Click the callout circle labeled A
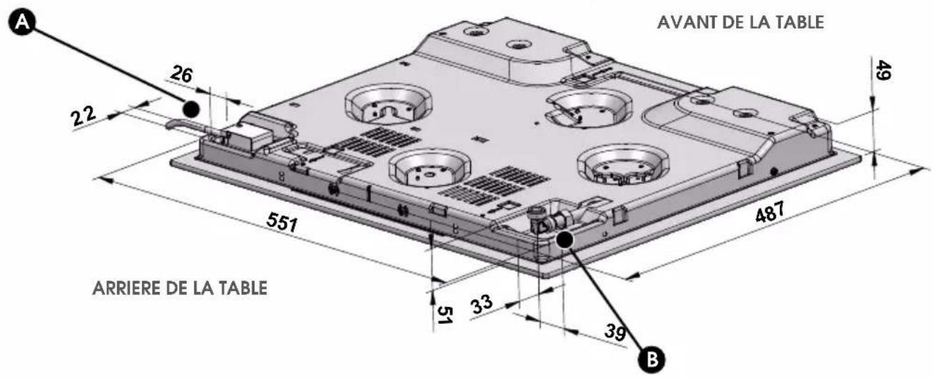click(22, 22)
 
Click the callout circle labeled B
click(652, 358)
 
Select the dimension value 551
click(282, 222)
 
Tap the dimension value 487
click(770, 211)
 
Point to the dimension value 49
click(882, 70)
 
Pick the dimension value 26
click(181, 74)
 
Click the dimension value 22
click(84, 116)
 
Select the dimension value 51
click(445, 315)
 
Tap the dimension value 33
click(482, 304)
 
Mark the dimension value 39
click(615, 333)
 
